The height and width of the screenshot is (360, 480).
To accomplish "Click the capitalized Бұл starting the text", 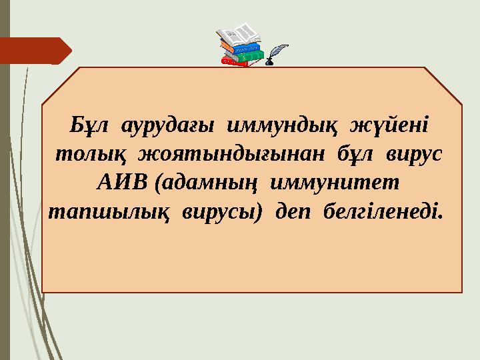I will click(84, 125).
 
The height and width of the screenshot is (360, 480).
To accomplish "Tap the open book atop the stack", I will click(239, 35).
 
